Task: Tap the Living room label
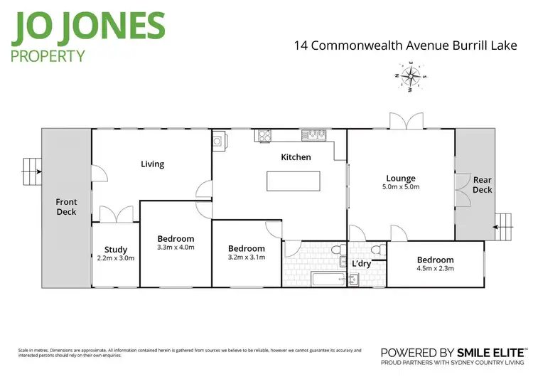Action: point(152,164)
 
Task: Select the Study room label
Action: point(116,250)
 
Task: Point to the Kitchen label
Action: point(296,156)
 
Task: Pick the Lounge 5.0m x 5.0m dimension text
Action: point(400,188)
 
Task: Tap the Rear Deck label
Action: point(483,185)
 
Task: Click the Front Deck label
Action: point(66,207)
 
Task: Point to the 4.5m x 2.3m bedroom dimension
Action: point(435,269)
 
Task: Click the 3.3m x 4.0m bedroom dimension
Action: point(176,248)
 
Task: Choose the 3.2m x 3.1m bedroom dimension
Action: point(246,257)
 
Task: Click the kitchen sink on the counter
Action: point(313,134)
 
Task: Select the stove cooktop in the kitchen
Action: point(266,134)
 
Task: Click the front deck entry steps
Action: point(31,167)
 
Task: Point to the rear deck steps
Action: point(503,223)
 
